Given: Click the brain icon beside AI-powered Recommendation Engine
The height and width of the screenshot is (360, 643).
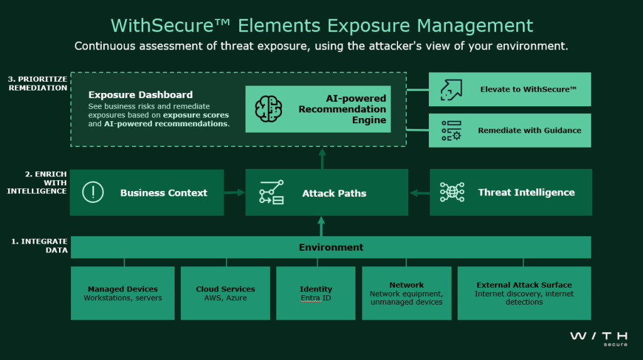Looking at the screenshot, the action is tap(269, 109).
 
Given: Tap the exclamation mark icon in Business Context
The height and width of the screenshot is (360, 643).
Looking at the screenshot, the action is tap(93, 192).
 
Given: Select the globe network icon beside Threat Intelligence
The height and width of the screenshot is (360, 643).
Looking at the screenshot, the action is tap(452, 192).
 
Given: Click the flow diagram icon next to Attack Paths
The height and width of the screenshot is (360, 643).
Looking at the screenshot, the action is tap(271, 192).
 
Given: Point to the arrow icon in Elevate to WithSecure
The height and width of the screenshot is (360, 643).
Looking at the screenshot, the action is tap(451, 90).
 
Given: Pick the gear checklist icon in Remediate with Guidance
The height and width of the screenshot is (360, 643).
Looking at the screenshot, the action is tap(451, 131).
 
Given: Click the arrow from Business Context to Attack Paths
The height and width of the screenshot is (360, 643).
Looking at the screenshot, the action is tap(235, 192).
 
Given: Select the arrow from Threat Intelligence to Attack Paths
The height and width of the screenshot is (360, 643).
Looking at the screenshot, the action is tap(419, 192).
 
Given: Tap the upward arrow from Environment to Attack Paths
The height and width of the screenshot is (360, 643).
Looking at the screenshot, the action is tap(321, 226).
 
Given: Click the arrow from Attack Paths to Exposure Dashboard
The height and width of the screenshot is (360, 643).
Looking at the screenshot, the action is tap(322, 158).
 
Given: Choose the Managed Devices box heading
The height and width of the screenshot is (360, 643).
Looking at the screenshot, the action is tap(122, 289).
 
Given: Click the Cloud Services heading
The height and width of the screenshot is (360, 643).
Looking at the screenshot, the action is tap(225, 289).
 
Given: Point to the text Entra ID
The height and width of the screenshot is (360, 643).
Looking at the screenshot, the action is tap(316, 298).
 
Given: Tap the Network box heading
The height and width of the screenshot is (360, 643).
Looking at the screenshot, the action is tap(406, 285).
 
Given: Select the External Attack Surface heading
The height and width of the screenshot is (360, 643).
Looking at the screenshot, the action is tap(524, 285).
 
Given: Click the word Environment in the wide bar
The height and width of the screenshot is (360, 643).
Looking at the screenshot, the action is tap(331, 247).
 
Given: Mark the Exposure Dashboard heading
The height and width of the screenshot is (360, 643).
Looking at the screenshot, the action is tap(140, 95).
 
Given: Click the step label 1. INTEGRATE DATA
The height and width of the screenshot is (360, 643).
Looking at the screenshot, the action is tap(40, 246).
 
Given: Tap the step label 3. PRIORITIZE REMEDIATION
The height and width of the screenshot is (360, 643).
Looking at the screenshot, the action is tap(37, 84).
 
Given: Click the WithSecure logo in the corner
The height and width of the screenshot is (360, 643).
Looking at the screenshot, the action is tap(598, 339).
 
